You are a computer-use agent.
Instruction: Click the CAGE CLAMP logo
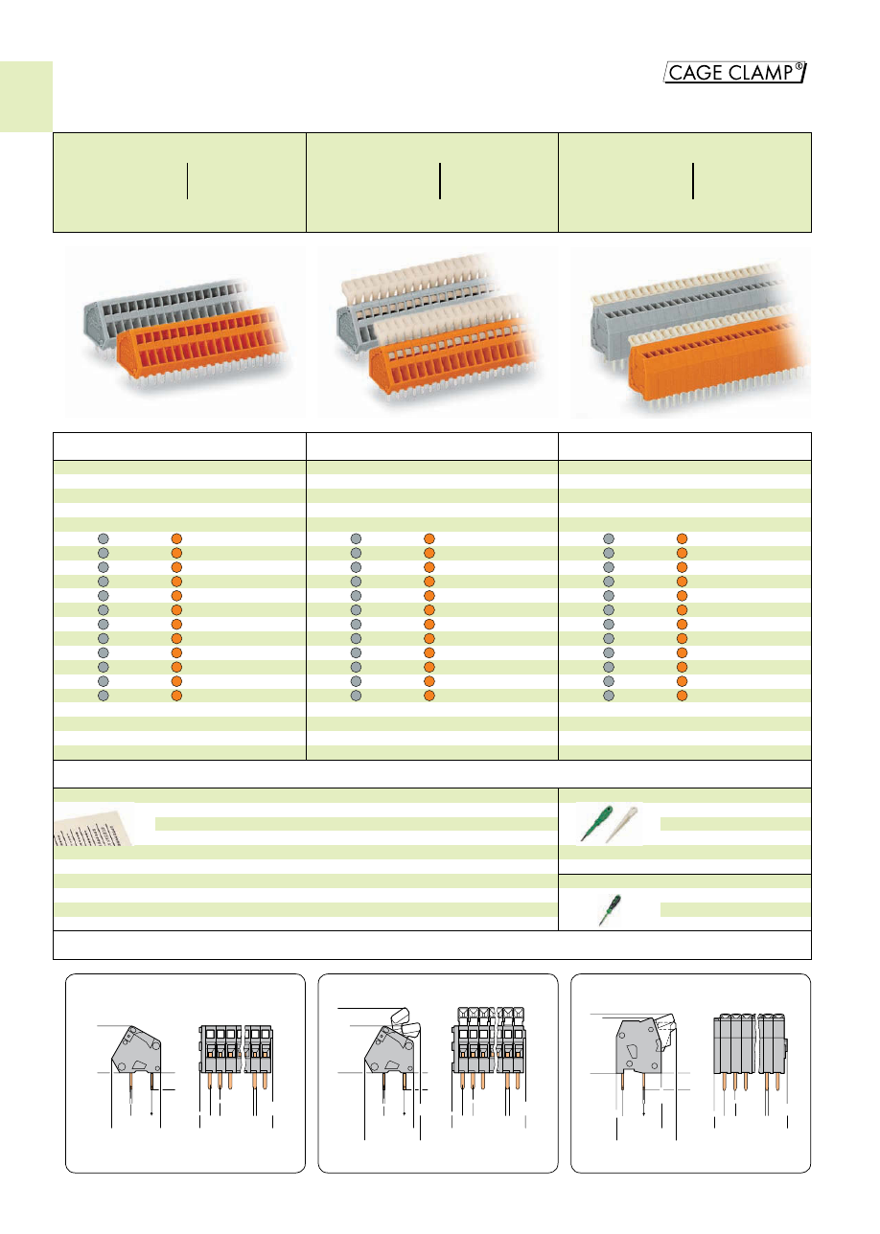tap(734, 72)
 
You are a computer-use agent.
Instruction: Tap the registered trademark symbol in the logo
tap(799, 66)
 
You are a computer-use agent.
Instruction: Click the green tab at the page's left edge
tap(26, 97)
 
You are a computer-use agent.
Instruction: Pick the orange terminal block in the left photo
tap(204, 347)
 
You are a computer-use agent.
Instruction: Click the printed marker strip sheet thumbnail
tap(94, 825)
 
